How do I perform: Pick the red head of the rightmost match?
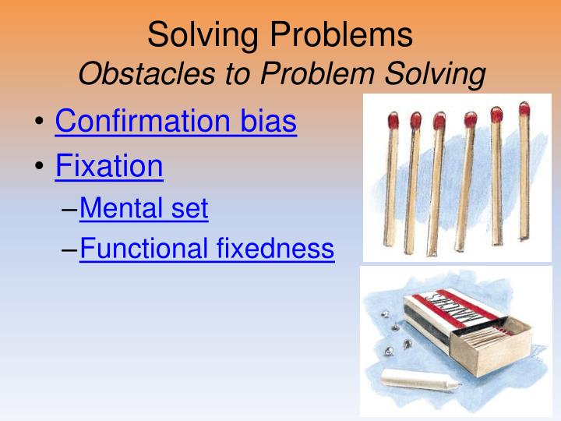[x=524, y=111]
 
